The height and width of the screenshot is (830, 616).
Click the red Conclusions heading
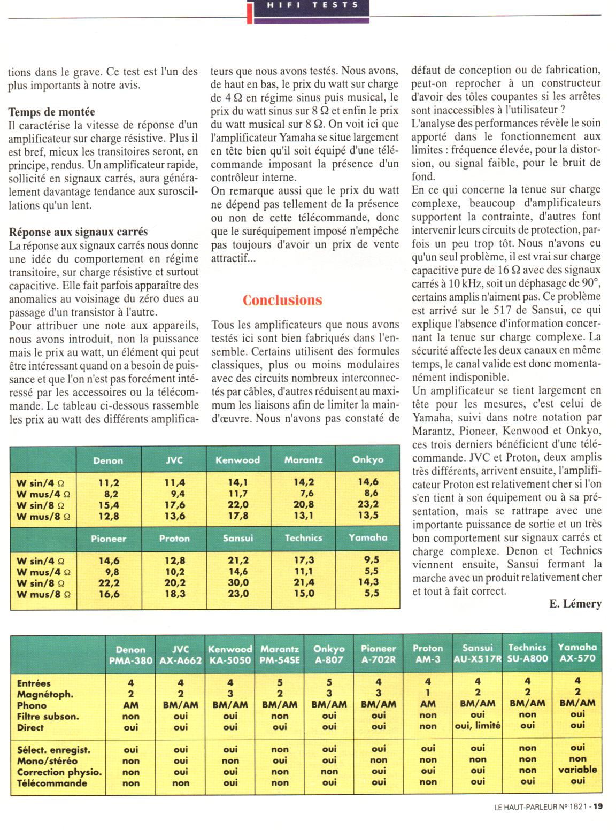pyautogui.click(x=282, y=300)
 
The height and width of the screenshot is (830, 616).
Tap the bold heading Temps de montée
pyautogui.click(x=52, y=112)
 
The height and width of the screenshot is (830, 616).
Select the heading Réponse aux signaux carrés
pyautogui.click(x=78, y=232)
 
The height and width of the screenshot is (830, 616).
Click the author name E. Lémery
pyautogui.click(x=575, y=604)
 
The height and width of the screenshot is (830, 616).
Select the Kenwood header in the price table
pyautogui.click(x=237, y=460)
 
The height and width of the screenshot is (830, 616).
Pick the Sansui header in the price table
pyautogui.click(x=238, y=538)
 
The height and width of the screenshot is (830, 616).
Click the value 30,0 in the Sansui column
pyautogui.click(x=238, y=582)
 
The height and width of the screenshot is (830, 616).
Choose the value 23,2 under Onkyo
pyautogui.click(x=368, y=504)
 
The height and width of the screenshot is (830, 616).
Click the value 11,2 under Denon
pyautogui.click(x=109, y=482)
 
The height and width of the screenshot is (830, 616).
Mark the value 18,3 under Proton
pyautogui.click(x=175, y=594)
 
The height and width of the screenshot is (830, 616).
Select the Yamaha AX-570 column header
pyautogui.click(x=577, y=653)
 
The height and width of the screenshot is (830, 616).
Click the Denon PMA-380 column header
pyautogui.click(x=130, y=655)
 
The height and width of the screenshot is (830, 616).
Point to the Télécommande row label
pyautogui.click(x=52, y=783)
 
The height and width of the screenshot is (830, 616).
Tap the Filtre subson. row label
pyautogui.click(x=48, y=717)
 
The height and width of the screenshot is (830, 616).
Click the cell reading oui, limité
pyautogui.click(x=478, y=726)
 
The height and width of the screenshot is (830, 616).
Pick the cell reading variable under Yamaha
pyautogui.click(x=577, y=770)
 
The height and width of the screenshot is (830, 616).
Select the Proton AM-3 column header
pyautogui.click(x=428, y=654)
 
